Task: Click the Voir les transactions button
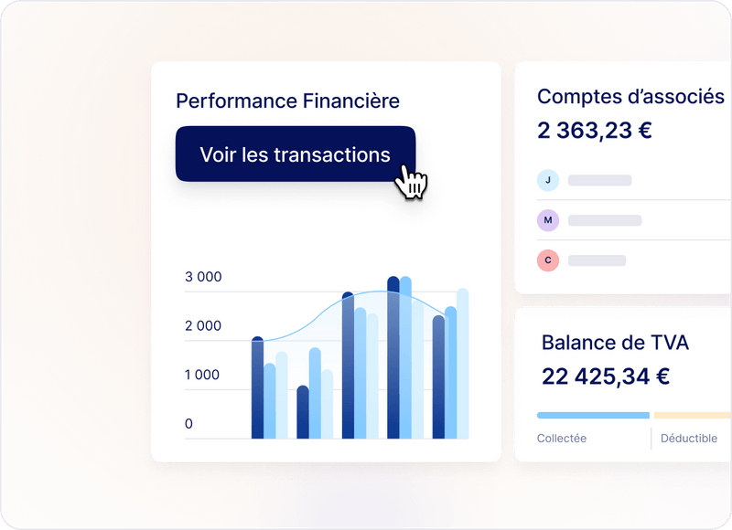[x=295, y=154]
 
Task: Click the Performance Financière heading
[x=287, y=101]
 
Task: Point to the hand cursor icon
[x=412, y=182]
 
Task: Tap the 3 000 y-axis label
[x=203, y=277]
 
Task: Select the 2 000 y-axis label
[x=203, y=325]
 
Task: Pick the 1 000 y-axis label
[x=203, y=375]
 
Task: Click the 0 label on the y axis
[x=189, y=424]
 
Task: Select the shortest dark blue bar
[x=303, y=412]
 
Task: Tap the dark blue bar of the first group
[x=257, y=388]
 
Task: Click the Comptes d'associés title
[x=630, y=97]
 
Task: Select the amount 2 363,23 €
[x=595, y=131]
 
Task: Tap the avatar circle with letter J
[x=547, y=180]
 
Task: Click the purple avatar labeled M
[x=547, y=220]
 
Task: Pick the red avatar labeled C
[x=547, y=260]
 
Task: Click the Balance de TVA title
[x=615, y=343]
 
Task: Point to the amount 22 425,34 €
[x=606, y=376]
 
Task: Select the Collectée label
[x=562, y=439]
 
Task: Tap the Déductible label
[x=689, y=439]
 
